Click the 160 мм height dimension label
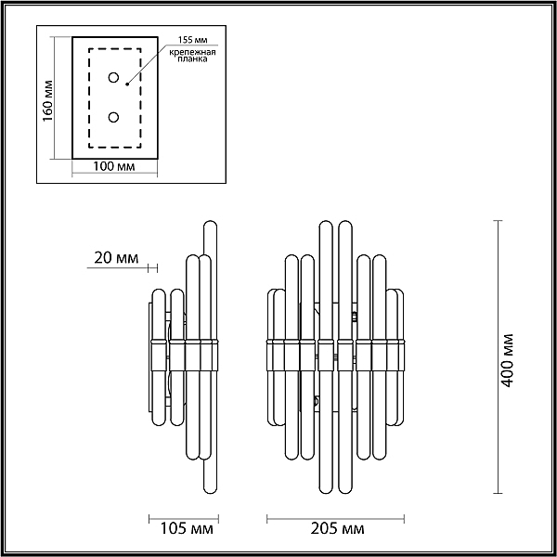point(47,101)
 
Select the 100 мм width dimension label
point(114,166)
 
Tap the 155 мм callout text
point(192,40)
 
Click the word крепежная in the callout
point(192,53)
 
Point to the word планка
point(192,59)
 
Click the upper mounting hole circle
point(113,77)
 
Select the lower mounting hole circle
point(113,117)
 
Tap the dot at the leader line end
point(127,84)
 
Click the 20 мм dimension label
point(116,257)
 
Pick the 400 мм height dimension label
point(508,360)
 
